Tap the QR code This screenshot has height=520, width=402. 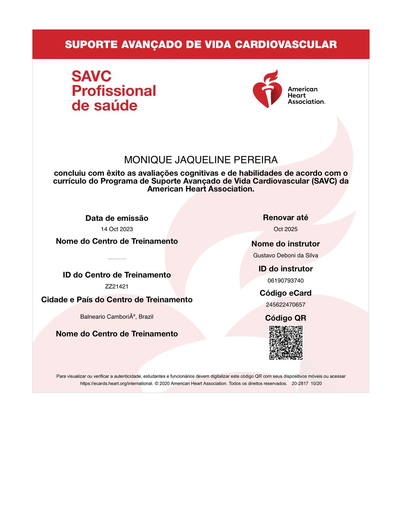coord(286,343)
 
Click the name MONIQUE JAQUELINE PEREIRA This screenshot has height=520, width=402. coord(201,160)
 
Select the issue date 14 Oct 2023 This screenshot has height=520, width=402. coord(117,229)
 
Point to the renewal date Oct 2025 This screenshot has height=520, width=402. coord(285,229)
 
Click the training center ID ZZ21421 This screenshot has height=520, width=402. coord(117,286)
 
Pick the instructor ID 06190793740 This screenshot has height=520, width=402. coord(285,280)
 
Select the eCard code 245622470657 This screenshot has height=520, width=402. coord(285,305)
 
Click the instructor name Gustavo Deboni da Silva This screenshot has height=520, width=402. coord(285,255)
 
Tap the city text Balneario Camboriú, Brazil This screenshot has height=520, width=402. coord(117,317)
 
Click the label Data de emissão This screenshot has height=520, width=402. coord(117,218)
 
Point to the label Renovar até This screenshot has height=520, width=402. coord(285,218)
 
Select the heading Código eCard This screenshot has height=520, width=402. coord(285,293)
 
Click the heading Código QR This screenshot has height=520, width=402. coord(285,318)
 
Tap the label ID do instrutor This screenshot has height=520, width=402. coord(285,269)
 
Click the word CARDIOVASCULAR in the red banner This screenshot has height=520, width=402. coord(285,44)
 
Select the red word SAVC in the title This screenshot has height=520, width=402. coord(91,76)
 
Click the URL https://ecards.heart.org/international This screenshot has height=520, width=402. coord(117,383)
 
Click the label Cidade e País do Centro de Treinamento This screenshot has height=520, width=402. coord(117,300)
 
